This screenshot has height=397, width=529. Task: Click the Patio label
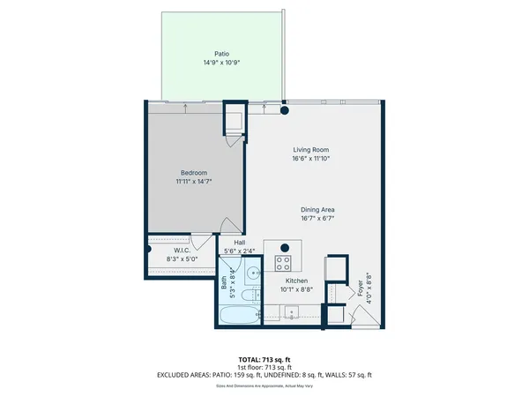(208, 53)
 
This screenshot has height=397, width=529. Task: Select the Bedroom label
(193, 172)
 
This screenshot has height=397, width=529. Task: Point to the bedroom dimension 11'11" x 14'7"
(193, 181)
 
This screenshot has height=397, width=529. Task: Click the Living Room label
(310, 150)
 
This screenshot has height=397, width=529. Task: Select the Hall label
(239, 243)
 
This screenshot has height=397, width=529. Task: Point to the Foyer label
(360, 288)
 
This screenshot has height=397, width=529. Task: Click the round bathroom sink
(251, 273)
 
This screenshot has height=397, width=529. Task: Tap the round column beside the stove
(285, 245)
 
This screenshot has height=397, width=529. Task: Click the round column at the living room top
(285, 111)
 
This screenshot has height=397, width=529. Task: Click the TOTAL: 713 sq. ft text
(264, 360)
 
